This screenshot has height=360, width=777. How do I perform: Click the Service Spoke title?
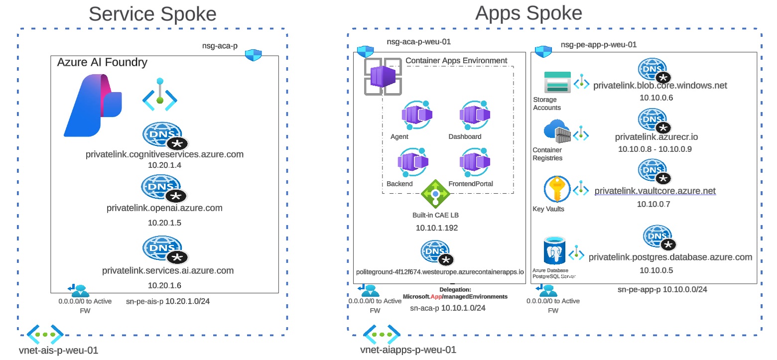[152, 14]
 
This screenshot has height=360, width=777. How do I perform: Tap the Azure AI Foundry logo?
[93, 105]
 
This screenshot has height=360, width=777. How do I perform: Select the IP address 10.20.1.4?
[164, 165]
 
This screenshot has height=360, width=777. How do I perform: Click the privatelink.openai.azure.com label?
[164, 208]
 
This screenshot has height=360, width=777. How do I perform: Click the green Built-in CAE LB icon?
[435, 194]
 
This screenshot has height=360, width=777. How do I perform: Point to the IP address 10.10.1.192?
[436, 228]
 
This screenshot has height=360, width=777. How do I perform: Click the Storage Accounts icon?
[557, 82]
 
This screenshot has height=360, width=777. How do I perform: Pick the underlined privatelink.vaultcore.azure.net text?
[655, 191]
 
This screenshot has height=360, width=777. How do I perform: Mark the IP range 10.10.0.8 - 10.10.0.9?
[654, 149]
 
